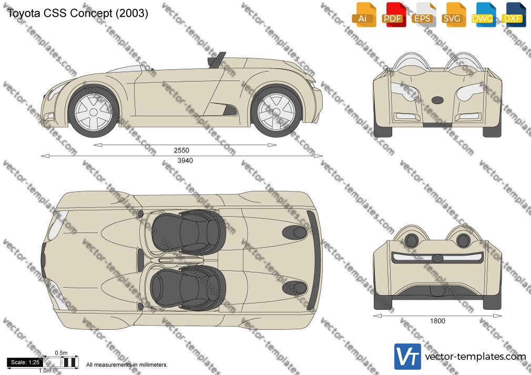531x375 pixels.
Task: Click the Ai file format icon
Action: pyautogui.click(x=364, y=15)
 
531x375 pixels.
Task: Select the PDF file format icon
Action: pyautogui.click(x=394, y=15)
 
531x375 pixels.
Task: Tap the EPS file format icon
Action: pyautogui.click(x=424, y=15)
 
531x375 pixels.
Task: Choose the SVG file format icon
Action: pyautogui.click(x=453, y=15)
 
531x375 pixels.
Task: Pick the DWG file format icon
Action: pyautogui.click(x=484, y=15)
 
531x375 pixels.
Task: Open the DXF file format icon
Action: pyautogui.click(x=514, y=15)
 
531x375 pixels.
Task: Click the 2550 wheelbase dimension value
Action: pyautogui.click(x=181, y=150)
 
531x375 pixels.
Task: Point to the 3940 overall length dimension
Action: pyautogui.click(x=185, y=160)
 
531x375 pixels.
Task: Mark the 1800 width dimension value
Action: pyautogui.click(x=437, y=321)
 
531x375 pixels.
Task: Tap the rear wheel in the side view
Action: pyautogui.click(x=277, y=112)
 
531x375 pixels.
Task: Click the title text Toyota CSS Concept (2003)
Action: pyautogui.click(x=78, y=13)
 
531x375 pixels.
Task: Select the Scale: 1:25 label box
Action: pyautogui.click(x=25, y=362)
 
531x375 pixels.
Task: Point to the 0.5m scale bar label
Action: pyautogui.click(x=61, y=353)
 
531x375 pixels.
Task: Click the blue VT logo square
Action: pyautogui.click(x=407, y=357)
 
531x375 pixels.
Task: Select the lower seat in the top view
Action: pyautogui.click(x=188, y=288)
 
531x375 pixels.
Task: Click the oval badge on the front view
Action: pyautogui.click(x=437, y=100)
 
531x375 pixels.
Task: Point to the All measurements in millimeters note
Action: pyautogui.click(x=127, y=365)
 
